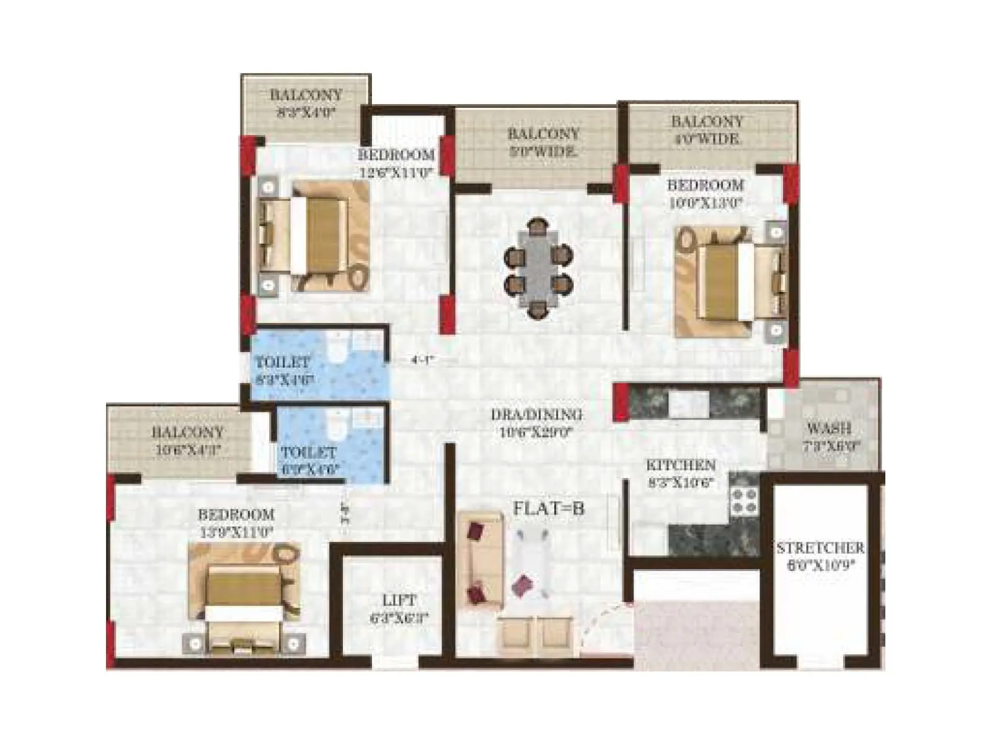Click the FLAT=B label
tap(548, 509)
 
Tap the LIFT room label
tap(399, 608)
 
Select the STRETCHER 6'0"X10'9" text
tap(820, 556)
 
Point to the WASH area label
tap(829, 436)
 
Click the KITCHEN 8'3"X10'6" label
tap(681, 473)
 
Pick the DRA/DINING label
tap(536, 423)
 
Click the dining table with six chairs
tap(538, 268)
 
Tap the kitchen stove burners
tap(744, 501)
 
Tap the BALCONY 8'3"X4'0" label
tap(306, 104)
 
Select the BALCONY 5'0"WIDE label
tap(543, 141)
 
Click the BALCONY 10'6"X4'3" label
tap(187, 441)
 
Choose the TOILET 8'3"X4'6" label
tap(283, 370)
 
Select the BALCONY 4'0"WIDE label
tap(707, 130)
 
